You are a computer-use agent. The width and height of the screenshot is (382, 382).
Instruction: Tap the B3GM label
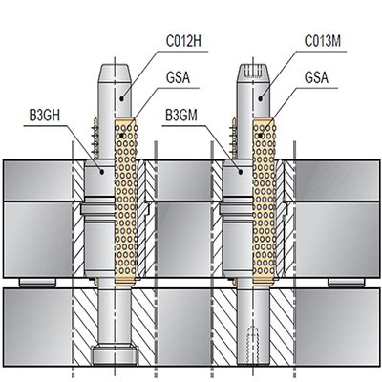tap(183, 116)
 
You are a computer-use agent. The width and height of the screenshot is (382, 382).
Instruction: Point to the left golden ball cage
tap(126, 201)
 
